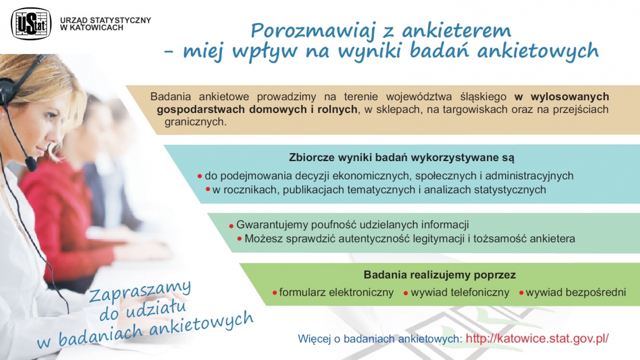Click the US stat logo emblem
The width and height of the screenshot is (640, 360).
click(31, 24)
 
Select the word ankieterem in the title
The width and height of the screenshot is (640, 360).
click(456, 30)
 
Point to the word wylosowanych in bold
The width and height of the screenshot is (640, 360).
click(569, 97)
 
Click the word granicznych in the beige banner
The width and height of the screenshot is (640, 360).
click(195, 122)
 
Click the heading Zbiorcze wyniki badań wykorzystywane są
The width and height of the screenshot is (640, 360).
click(401, 157)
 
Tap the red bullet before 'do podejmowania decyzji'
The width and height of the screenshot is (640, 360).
click(200, 177)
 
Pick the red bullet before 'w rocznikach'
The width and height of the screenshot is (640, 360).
click(208, 189)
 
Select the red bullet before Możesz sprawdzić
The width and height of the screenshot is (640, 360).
click(240, 238)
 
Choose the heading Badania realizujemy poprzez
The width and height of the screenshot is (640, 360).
click(440, 275)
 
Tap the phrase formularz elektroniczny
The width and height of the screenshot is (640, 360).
click(336, 292)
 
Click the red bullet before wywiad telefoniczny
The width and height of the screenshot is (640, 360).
click(405, 293)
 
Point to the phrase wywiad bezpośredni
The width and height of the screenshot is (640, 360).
click(576, 292)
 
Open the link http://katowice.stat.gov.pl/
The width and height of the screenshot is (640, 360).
click(537, 338)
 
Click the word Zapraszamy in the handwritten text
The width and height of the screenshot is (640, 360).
click(140, 290)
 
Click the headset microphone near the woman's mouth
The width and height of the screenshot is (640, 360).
click(31, 164)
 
